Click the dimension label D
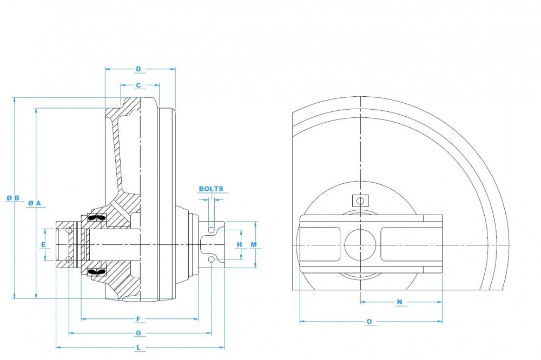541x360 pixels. point(138,69)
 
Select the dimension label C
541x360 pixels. point(138,85)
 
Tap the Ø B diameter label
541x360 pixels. point(13,198)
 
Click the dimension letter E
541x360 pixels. point(43,245)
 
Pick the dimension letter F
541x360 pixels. point(138,318)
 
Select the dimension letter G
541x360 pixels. point(138,332)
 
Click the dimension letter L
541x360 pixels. point(138,347)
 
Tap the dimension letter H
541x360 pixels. point(239,245)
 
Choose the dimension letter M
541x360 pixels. point(253,245)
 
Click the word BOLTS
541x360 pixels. point(210,189)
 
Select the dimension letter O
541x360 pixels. point(369,322)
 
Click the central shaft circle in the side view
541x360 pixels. point(360,244)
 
